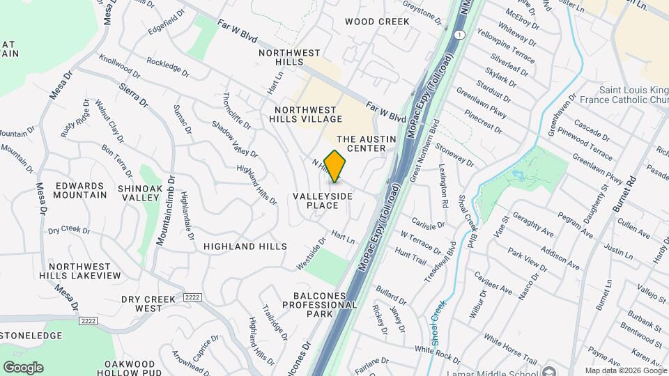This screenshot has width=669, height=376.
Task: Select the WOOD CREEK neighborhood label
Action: pyautogui.click(x=377, y=22)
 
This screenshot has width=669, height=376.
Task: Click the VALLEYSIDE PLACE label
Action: pyautogui.click(x=323, y=201)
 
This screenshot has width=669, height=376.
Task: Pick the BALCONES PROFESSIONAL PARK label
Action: pyautogui.click(x=321, y=305)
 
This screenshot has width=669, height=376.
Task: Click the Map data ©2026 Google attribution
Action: pyautogui.click(x=624, y=370)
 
